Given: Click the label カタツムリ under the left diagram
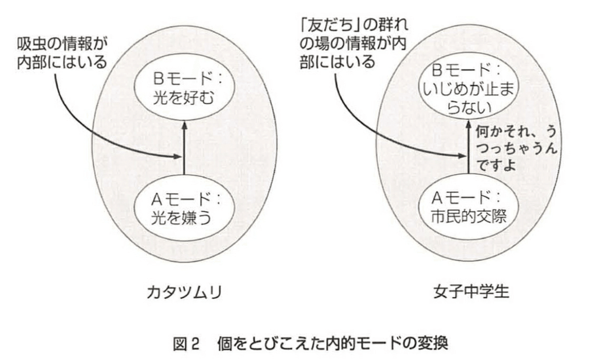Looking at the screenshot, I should point(184,292).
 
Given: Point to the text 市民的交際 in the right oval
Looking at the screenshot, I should point(466,216).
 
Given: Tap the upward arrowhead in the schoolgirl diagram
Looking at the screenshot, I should point(468,126).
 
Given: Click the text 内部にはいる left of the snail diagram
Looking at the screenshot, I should point(62,63).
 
